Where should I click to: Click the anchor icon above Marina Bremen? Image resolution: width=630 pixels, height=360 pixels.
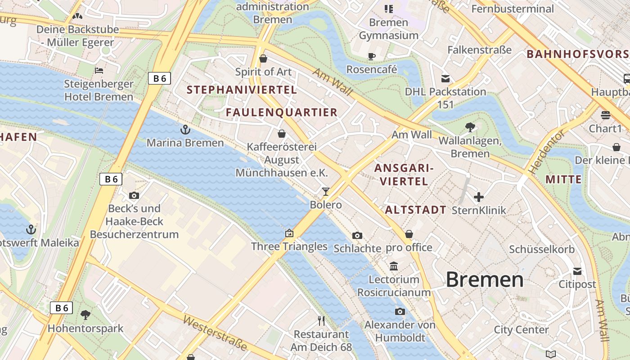[x=185, y=130]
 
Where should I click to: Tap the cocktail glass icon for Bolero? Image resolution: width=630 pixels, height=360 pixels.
[x=326, y=192]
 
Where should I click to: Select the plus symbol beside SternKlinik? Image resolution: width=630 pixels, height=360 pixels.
[x=479, y=197]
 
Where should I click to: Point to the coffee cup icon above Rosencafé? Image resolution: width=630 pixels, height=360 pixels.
[x=372, y=56]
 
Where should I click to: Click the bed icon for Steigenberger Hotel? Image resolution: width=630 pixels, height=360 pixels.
[x=99, y=71]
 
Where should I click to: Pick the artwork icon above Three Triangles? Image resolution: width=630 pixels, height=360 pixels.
[x=289, y=233]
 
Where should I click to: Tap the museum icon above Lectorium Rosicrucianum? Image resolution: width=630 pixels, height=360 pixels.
[x=394, y=266]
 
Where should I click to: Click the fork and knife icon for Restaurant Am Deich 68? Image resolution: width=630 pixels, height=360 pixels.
[x=321, y=321]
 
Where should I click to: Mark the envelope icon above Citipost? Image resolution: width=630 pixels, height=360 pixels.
[x=577, y=271]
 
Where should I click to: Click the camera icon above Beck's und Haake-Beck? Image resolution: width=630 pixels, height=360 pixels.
[x=134, y=195]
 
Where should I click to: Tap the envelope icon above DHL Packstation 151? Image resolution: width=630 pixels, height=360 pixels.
[x=445, y=79]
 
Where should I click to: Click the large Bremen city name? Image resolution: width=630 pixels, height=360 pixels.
[x=485, y=280]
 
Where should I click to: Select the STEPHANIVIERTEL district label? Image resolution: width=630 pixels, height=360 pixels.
[x=242, y=90]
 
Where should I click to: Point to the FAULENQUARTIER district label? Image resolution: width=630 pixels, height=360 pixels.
[x=281, y=112]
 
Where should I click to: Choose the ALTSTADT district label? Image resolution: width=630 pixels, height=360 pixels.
[x=415, y=210]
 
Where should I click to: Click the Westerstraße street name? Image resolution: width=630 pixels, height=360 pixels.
[x=216, y=333]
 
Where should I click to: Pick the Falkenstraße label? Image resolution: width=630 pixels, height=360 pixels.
[x=479, y=49]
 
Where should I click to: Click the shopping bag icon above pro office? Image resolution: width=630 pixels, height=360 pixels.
[x=409, y=234]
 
